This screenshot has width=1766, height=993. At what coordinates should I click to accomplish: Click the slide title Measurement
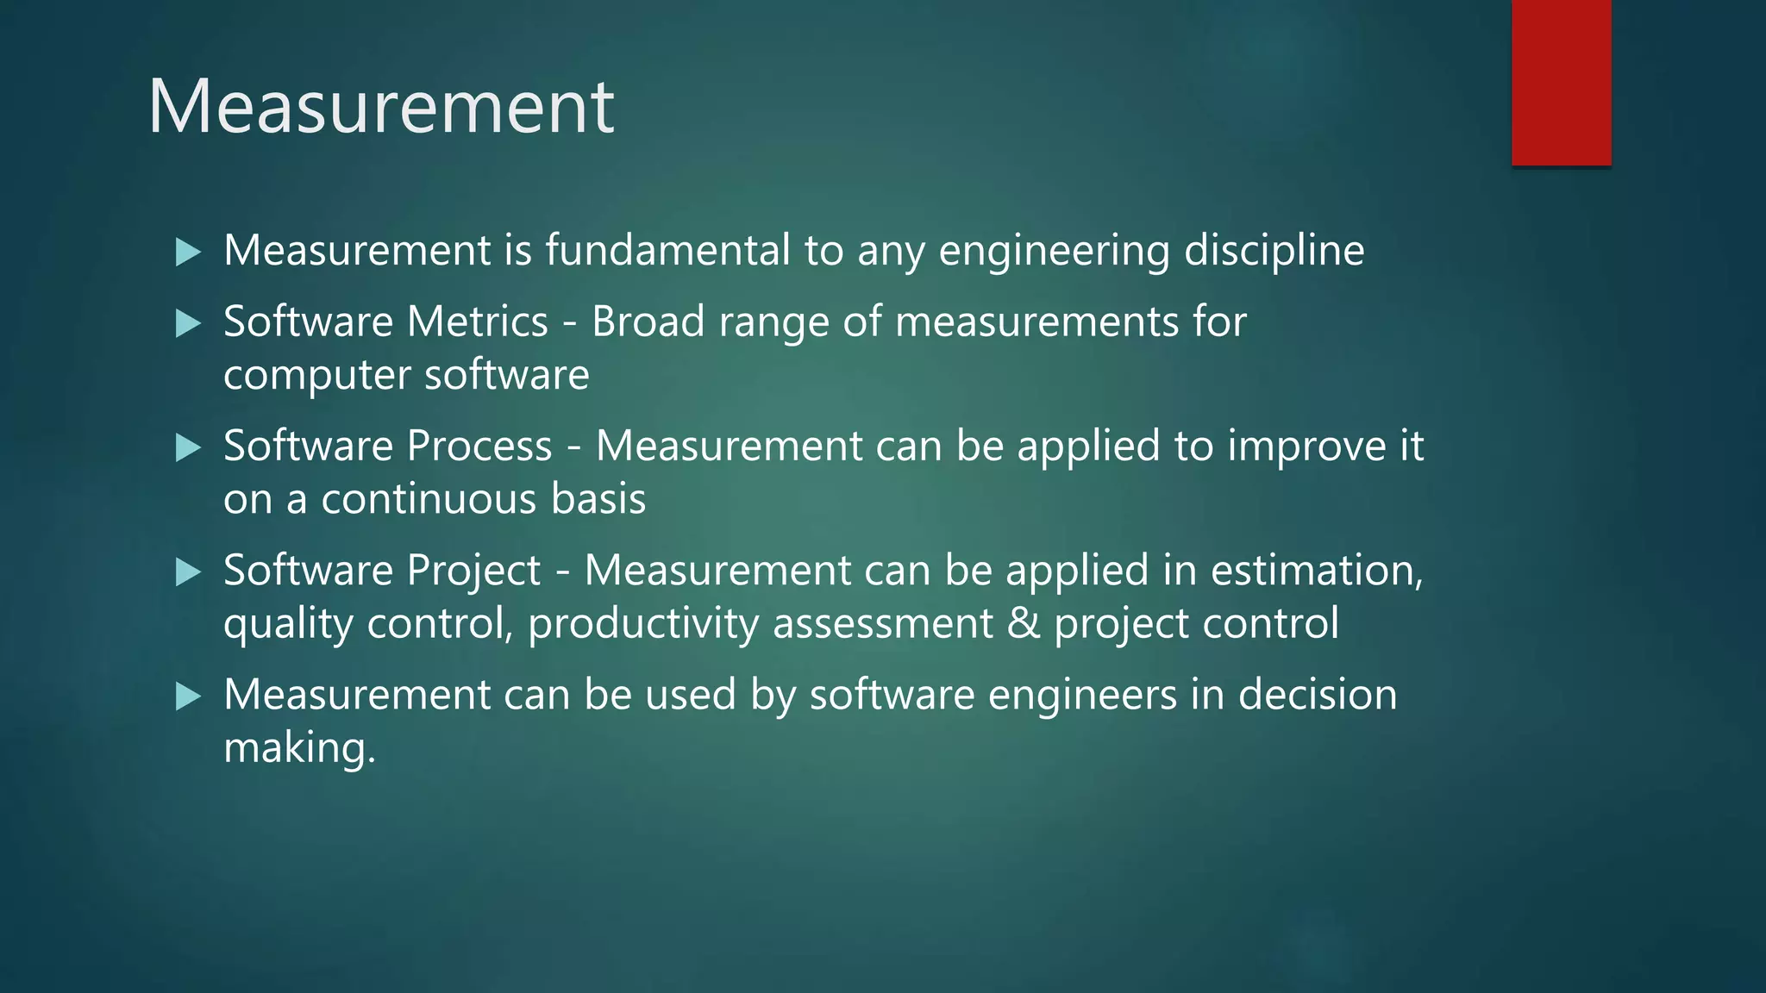(x=380, y=106)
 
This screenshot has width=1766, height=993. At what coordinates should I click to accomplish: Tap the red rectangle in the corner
(x=1561, y=82)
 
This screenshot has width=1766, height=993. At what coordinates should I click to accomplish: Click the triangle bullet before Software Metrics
(x=188, y=323)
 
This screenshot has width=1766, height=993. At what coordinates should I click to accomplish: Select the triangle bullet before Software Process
(x=188, y=447)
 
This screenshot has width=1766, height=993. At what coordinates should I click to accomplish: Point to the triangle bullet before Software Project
(x=188, y=571)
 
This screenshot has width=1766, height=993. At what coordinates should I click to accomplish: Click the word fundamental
(x=667, y=250)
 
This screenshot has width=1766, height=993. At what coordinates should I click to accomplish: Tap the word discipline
(x=1274, y=251)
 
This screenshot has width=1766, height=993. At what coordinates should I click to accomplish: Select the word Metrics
(x=477, y=322)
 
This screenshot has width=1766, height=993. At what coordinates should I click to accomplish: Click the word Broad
(x=648, y=322)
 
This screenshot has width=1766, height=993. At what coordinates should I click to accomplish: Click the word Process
(x=479, y=446)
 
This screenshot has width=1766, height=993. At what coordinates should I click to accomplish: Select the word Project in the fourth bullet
(x=473, y=571)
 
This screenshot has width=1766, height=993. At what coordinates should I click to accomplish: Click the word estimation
(x=1316, y=570)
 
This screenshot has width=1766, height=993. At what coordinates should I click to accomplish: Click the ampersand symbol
(x=1023, y=623)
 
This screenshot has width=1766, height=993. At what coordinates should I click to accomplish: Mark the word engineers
(x=1082, y=695)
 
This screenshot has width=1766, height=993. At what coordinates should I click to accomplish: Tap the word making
(x=299, y=747)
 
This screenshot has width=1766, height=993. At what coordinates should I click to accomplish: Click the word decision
(x=1318, y=694)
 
